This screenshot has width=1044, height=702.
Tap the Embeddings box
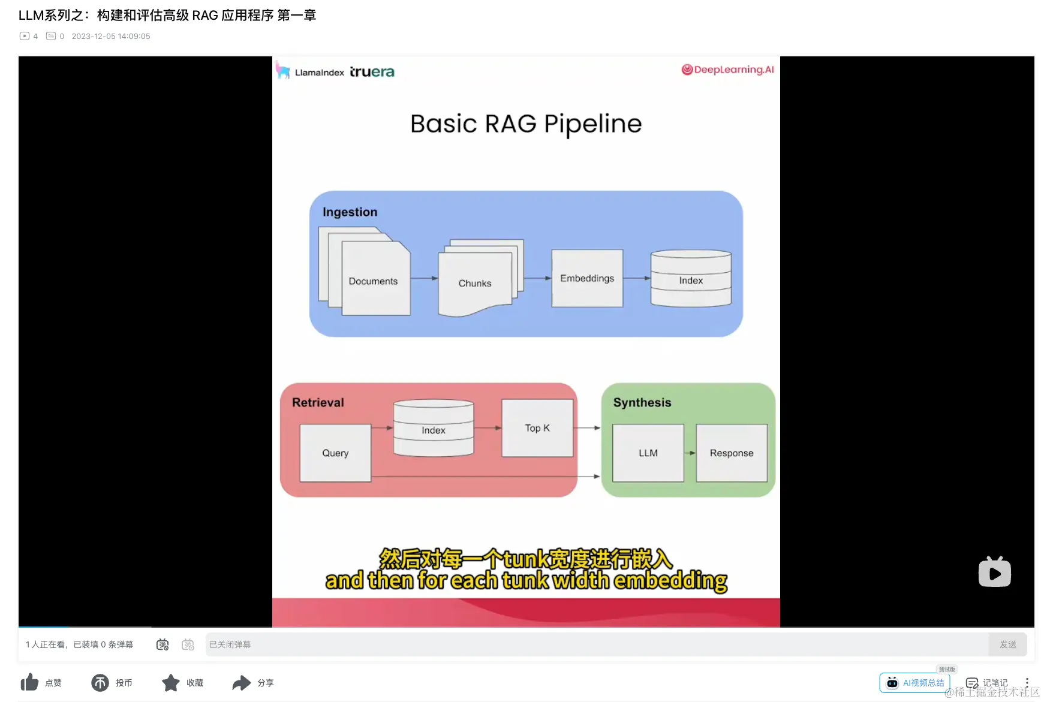(x=587, y=278)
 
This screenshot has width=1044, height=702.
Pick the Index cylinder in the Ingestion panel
(x=691, y=278)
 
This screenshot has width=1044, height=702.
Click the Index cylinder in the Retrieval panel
(x=434, y=428)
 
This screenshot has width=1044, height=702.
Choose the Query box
(x=335, y=453)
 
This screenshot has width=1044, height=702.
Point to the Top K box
(x=537, y=428)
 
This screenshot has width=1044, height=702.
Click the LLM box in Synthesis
(x=648, y=453)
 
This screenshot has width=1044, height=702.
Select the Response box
(x=732, y=453)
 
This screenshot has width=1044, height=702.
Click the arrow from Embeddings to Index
(x=637, y=278)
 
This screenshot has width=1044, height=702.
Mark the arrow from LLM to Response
(x=690, y=453)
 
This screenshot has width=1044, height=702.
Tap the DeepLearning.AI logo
(x=727, y=70)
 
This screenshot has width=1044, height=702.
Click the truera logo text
(x=372, y=72)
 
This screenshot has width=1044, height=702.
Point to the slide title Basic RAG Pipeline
(x=526, y=123)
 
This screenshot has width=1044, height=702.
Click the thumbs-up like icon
(x=29, y=682)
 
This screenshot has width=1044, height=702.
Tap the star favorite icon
(x=171, y=682)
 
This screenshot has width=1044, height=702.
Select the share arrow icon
(x=242, y=683)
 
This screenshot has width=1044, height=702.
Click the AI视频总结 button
(x=914, y=683)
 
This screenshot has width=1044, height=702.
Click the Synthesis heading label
(x=642, y=403)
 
